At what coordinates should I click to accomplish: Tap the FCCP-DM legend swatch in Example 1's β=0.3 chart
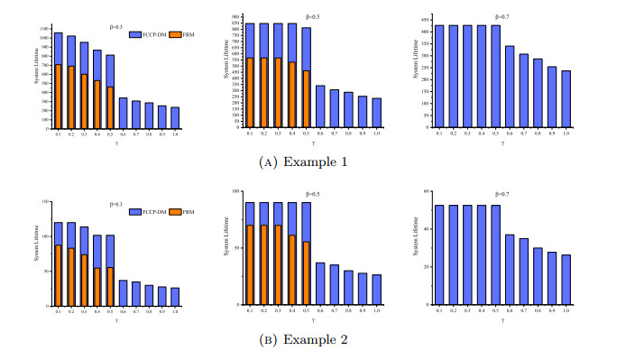coord(135,34)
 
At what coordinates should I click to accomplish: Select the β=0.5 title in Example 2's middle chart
coord(313,194)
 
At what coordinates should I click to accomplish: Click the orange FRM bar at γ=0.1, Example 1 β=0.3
coord(58,97)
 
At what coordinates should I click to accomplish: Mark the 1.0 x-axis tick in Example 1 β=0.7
coord(566,134)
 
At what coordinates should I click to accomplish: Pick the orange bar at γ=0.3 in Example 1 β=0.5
coord(279,94)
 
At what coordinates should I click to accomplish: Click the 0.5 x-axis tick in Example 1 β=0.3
coord(110,134)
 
